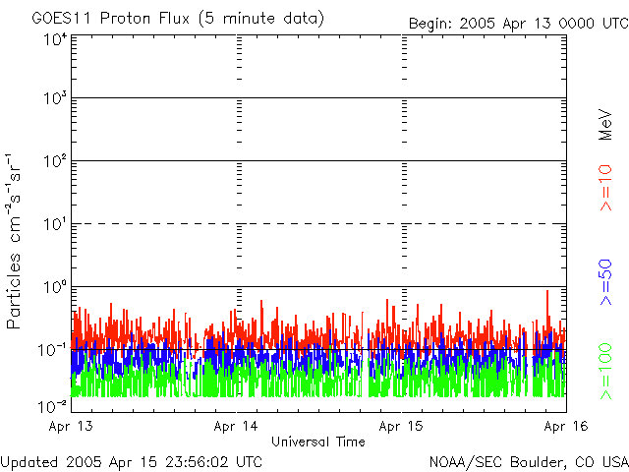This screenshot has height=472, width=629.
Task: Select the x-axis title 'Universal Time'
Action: (317, 442)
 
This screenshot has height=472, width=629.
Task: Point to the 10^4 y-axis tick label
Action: (54, 39)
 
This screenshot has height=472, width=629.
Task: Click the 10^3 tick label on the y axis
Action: (54, 99)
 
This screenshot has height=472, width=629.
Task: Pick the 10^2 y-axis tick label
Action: (54, 162)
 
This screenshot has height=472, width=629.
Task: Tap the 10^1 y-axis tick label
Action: (54, 225)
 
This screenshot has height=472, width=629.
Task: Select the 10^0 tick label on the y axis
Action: (54, 287)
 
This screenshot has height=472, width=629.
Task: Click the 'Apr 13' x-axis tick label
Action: (71, 427)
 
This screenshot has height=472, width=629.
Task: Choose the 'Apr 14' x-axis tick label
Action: (236, 427)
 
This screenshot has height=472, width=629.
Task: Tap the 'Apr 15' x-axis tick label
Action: (401, 427)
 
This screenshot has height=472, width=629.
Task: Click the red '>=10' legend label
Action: (606, 189)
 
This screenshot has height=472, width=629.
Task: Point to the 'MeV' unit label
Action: (606, 124)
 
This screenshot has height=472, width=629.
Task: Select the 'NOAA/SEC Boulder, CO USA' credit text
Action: (528, 461)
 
